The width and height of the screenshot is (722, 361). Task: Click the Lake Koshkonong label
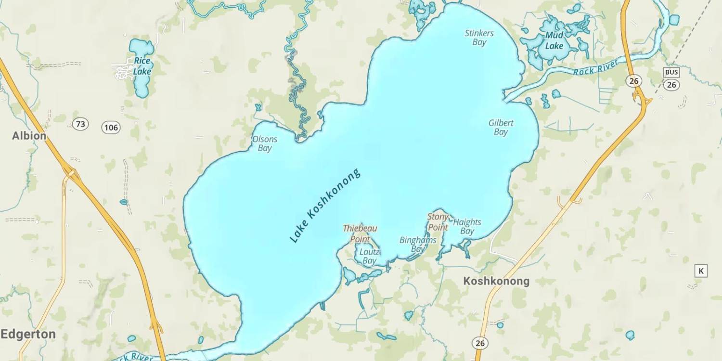325,206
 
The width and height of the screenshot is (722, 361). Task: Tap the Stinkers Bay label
479,38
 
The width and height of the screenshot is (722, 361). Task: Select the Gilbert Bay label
501,127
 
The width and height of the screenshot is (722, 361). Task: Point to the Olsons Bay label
265,143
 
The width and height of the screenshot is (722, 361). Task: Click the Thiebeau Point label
360,233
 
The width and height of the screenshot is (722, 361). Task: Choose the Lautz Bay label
369,256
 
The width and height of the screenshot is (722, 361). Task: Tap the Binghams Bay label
418,244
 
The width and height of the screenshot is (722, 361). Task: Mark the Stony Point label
438,222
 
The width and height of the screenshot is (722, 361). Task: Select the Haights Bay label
467,226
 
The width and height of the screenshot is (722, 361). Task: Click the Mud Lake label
554,41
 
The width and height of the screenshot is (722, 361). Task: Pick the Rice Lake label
142,66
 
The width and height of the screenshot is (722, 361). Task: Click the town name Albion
29,136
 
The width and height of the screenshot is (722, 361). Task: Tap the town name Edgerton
28,334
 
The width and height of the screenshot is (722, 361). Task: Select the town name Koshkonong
496,281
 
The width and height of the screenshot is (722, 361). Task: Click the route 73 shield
80,124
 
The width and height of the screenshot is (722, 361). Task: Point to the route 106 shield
111,128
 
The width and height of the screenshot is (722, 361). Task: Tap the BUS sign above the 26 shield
671,73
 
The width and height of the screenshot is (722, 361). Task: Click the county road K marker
701,271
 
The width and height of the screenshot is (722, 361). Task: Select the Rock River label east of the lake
595,67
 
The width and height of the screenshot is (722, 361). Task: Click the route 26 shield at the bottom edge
480,343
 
